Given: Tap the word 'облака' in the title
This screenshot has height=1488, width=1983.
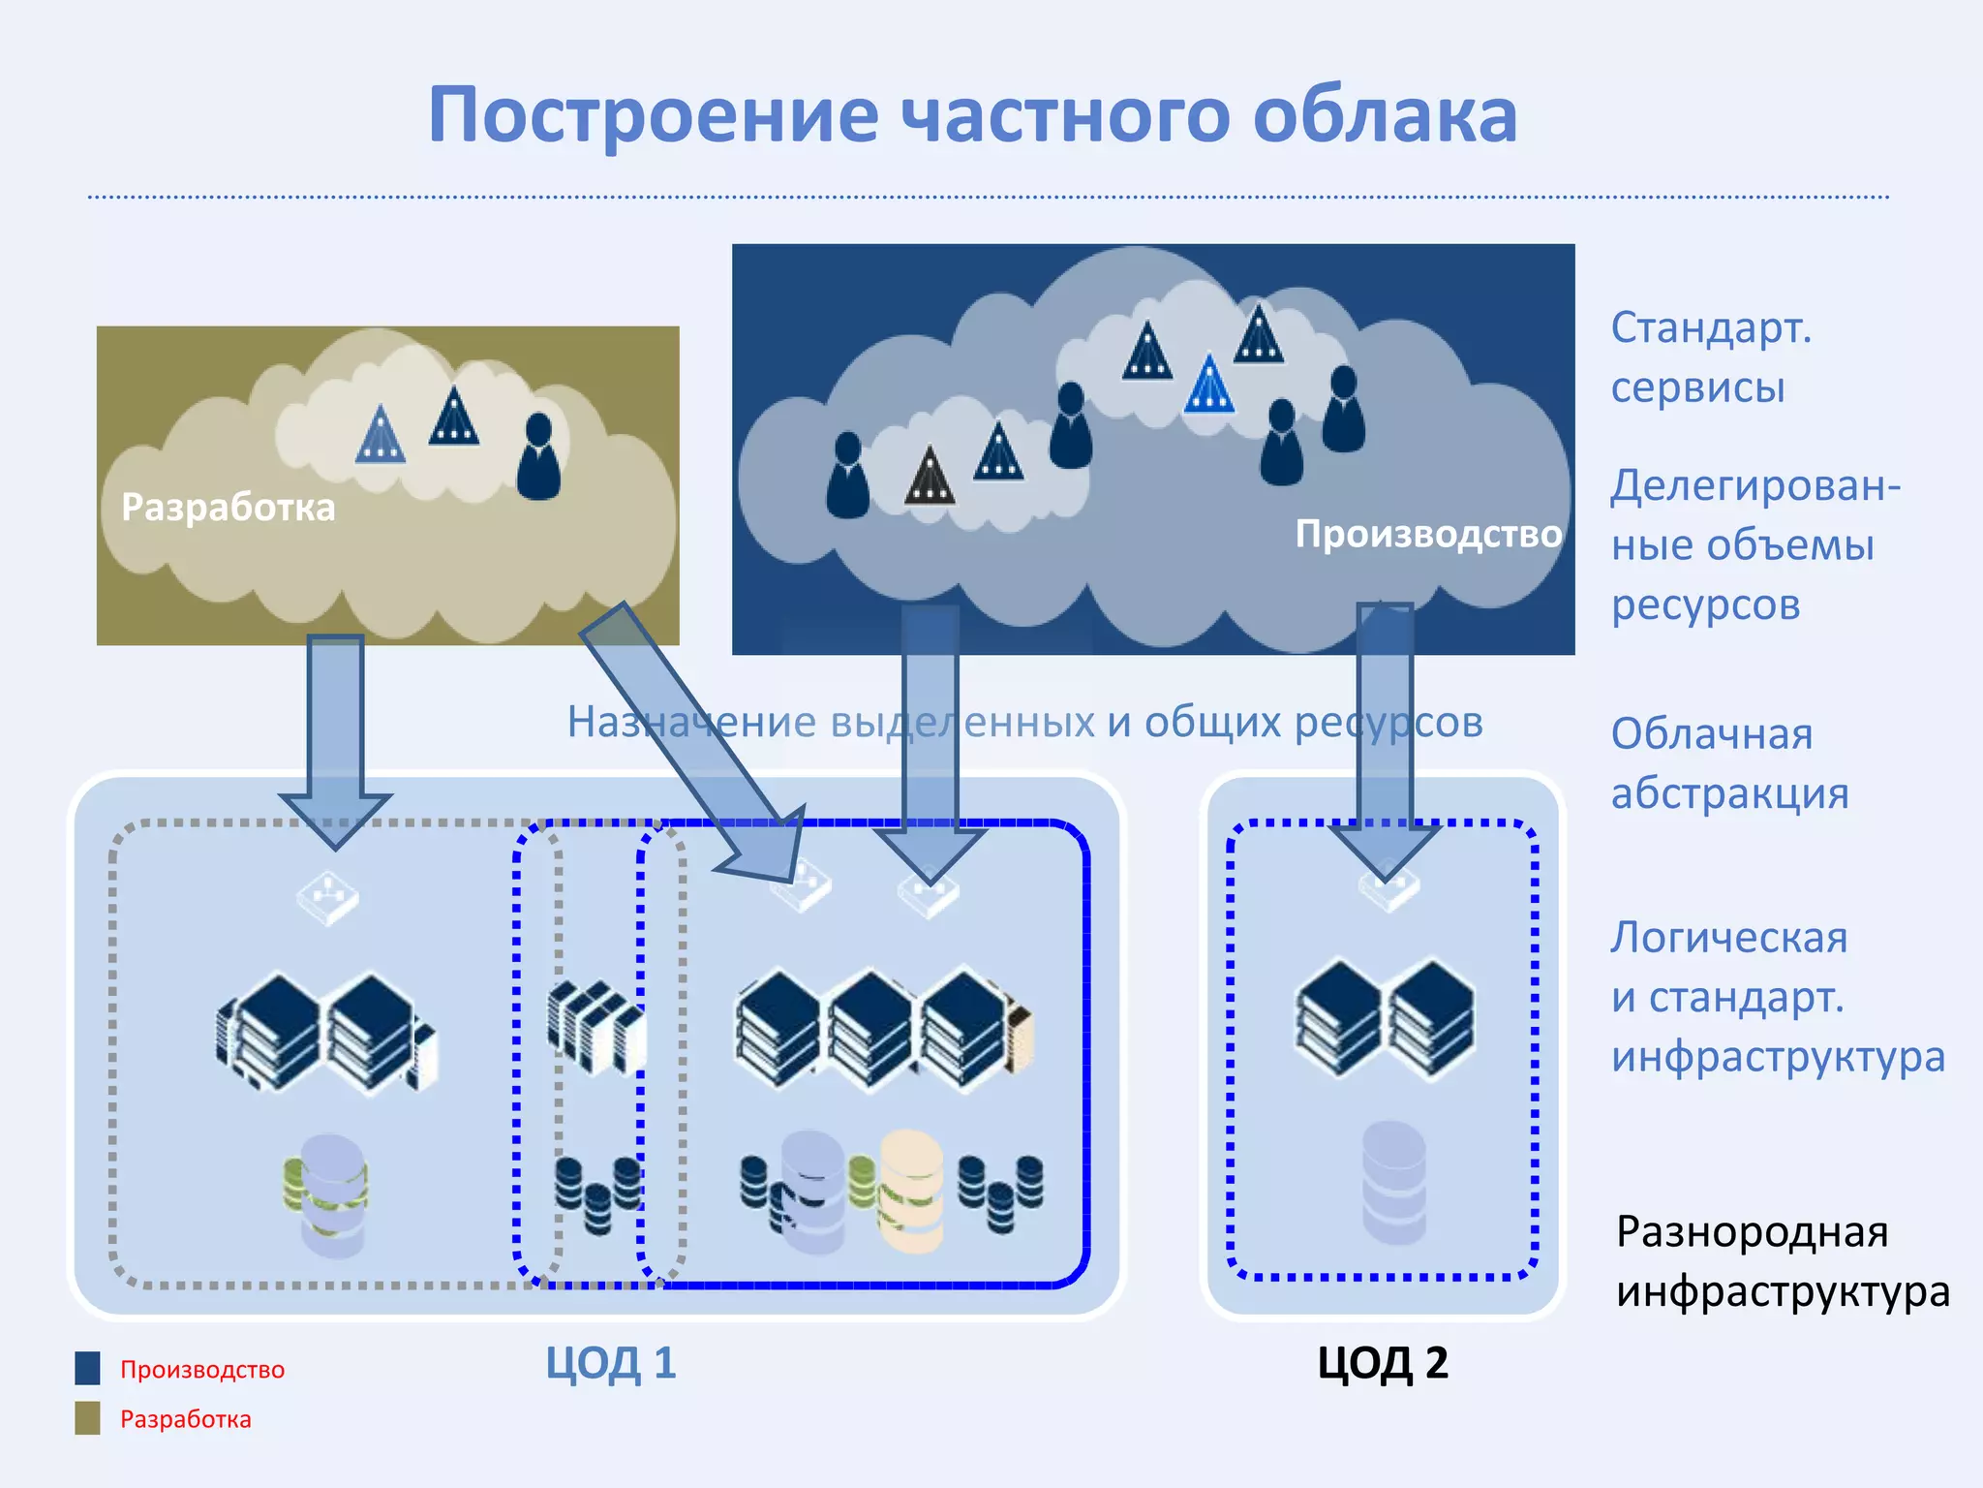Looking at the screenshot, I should tap(1385, 115).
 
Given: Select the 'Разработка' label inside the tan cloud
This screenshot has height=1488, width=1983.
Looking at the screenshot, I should tap(228, 507).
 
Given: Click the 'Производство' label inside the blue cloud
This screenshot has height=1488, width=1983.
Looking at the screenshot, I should tap(1428, 534).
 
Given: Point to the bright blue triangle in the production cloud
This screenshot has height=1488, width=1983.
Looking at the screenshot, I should tap(1209, 385).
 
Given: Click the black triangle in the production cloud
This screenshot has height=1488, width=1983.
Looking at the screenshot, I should tap(930, 476).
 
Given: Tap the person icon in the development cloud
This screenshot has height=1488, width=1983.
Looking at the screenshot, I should tap(538, 456).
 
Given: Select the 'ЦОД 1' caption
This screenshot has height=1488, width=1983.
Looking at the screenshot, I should tap(610, 1363).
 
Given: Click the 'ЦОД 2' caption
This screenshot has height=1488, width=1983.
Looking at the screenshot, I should tap(1382, 1363).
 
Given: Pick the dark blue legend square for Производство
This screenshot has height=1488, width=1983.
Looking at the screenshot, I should tap(87, 1368).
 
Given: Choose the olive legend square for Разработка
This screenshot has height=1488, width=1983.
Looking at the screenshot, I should tap(87, 1417).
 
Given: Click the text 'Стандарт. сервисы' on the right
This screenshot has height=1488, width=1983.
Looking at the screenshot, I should tap(1709, 357).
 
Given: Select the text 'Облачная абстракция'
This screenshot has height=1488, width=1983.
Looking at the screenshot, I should tap(1728, 763).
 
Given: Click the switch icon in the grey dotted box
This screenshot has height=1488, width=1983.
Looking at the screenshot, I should tap(327, 897).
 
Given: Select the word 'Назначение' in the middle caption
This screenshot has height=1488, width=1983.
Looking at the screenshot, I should tap(691, 723).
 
